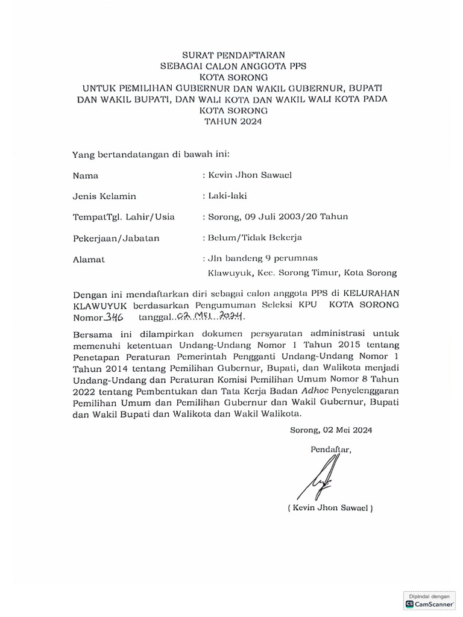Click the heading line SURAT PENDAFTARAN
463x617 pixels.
coord(235,55)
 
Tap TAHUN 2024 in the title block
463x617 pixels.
coord(235,121)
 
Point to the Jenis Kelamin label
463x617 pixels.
coord(104,196)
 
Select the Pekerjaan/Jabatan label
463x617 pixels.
coord(116,237)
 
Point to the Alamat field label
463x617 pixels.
coord(89,259)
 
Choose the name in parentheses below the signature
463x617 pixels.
coord(330,508)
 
